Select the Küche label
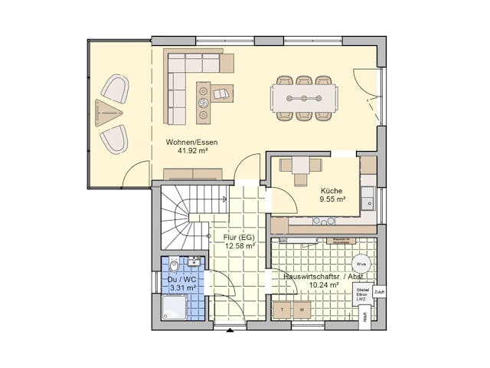(332, 190)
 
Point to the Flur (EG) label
(239, 238)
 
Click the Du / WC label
(182, 280)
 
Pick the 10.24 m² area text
(322, 284)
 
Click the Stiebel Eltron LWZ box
(362, 294)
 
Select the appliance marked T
(283, 310)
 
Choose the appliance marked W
(302, 310)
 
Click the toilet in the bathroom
(174, 265)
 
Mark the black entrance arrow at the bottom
(230, 330)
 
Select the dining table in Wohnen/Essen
(303, 98)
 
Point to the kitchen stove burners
(324, 222)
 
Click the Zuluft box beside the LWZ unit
(379, 292)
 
